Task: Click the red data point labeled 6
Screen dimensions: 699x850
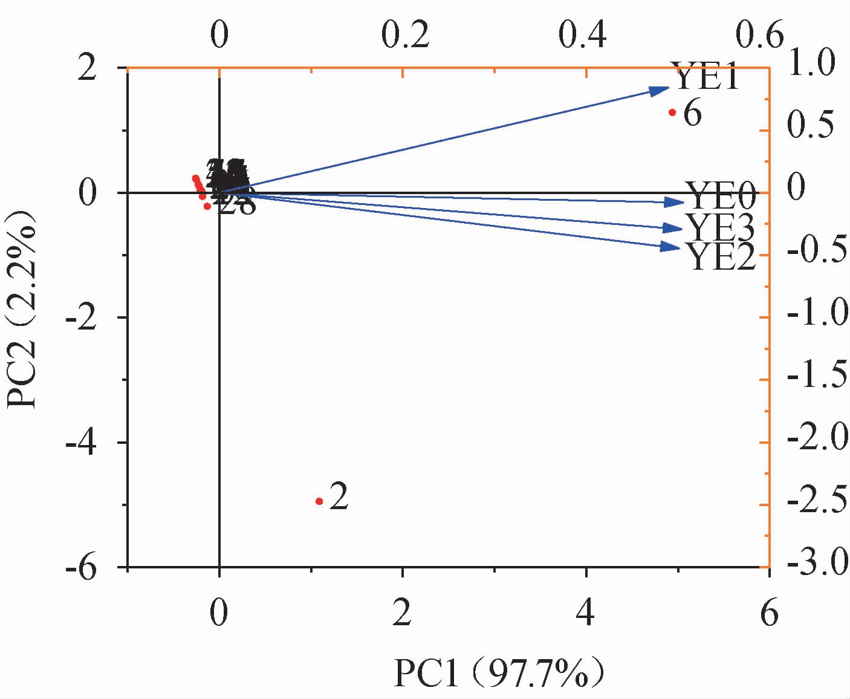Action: pos(672,112)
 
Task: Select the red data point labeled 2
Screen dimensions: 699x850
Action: pos(319,501)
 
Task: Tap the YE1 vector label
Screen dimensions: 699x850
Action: pos(705,77)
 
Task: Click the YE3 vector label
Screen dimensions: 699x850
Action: pos(719,228)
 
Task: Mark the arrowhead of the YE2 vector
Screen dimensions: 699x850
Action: pos(670,247)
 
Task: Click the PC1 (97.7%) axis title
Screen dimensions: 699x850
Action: pos(499,674)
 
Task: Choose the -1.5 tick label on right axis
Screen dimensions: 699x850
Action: pos(812,380)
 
